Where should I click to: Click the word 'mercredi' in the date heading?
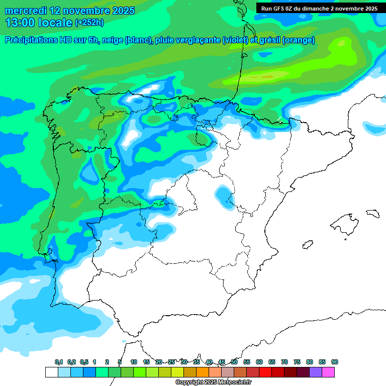tap(25, 11)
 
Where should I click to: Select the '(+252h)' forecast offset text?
tap(89, 22)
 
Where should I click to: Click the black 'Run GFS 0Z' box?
tap(319, 9)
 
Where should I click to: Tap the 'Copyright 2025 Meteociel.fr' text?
tap(214, 382)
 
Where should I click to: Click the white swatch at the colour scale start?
tap(51, 372)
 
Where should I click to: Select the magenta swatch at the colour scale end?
tap(328, 372)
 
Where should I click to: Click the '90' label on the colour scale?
tap(335, 362)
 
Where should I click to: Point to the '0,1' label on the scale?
tap(58, 362)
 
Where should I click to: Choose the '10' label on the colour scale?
tap(134, 362)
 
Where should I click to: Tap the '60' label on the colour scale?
tap(259, 362)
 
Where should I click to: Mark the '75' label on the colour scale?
tap(297, 362)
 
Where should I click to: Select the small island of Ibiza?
tap(307, 245)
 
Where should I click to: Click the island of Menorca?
tap(372, 213)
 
